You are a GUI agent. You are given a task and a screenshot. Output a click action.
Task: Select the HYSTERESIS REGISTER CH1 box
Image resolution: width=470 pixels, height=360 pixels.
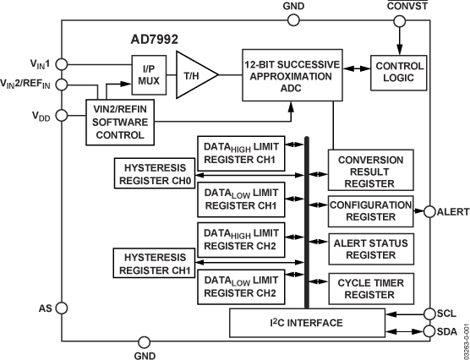(154, 261)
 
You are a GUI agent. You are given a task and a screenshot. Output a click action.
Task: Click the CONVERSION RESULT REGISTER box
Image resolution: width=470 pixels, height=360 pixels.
(371, 171)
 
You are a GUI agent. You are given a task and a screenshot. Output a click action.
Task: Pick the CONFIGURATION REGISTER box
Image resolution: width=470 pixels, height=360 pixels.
(371, 210)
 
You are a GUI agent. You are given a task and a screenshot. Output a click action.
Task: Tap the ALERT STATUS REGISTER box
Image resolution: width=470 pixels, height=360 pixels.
(371, 248)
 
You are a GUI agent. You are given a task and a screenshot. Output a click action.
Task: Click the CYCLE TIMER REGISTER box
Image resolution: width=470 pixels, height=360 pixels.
(371, 288)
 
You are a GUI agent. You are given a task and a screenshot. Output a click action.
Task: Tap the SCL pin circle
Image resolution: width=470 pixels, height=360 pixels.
(430, 313)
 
